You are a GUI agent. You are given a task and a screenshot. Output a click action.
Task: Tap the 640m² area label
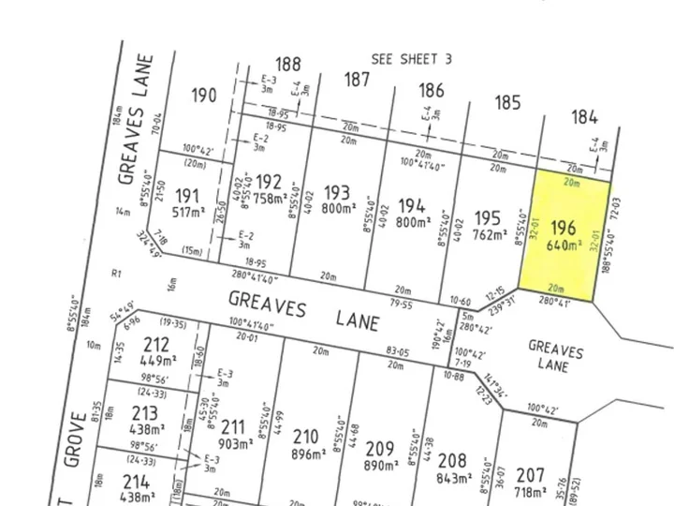coord(562,246)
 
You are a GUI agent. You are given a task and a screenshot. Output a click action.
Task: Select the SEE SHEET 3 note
coord(412,58)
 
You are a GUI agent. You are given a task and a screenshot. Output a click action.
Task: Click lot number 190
coord(204,95)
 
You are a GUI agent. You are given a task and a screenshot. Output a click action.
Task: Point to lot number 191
coord(187,196)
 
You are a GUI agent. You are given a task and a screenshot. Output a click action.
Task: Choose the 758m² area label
coord(271,198)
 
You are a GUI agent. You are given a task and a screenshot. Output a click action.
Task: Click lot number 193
coord(337,192)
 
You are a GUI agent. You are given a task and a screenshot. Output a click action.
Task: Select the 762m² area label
coord(489,234)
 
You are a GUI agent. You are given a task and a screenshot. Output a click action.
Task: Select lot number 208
coord(451,460)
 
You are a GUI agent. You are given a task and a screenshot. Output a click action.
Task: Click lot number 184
coord(584,117)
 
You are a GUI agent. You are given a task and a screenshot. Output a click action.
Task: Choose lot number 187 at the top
coord(356,80)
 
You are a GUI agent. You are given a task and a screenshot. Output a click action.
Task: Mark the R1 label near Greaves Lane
coord(116,275)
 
